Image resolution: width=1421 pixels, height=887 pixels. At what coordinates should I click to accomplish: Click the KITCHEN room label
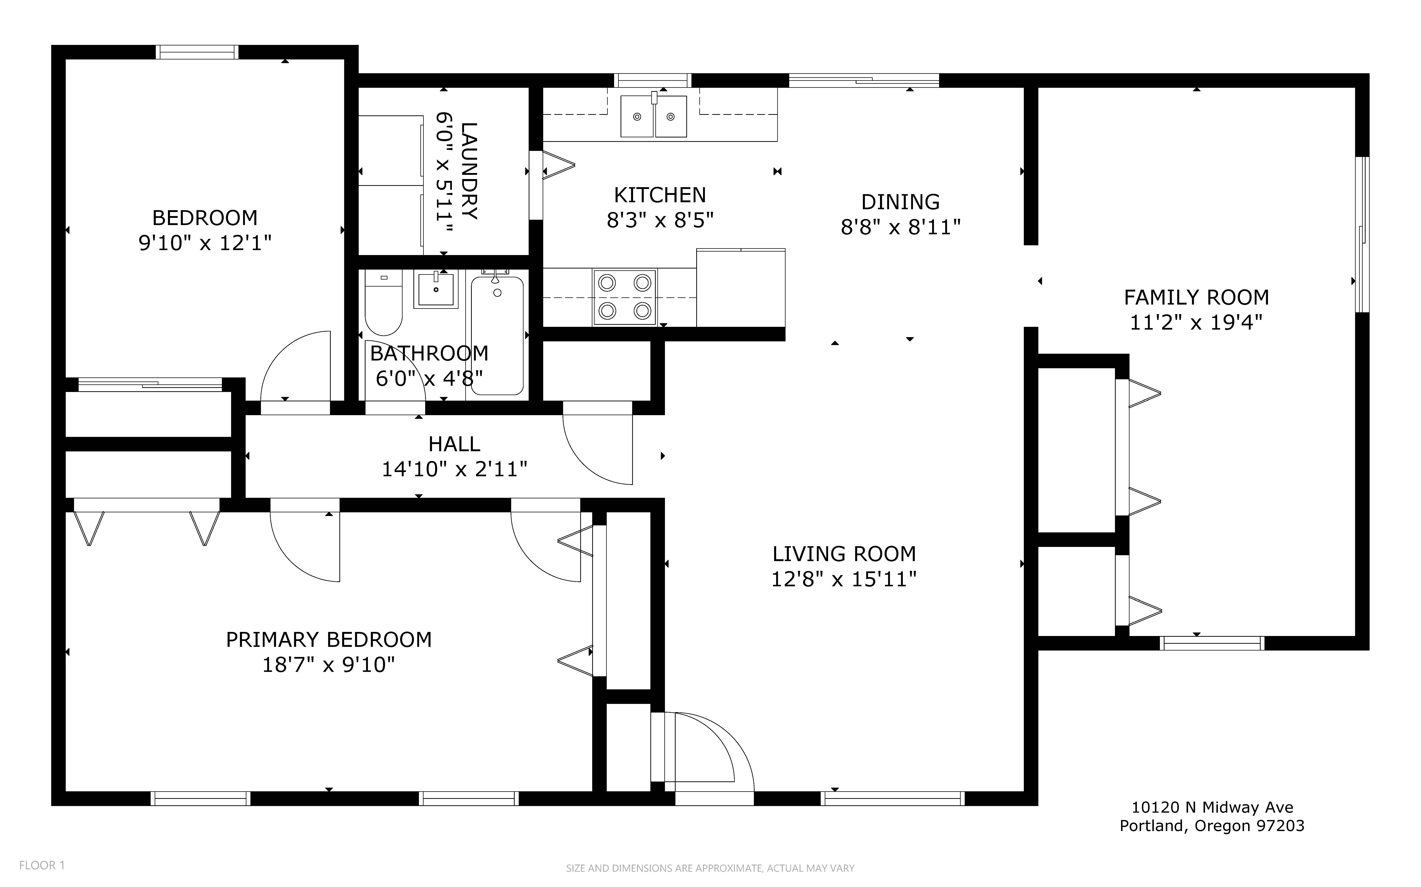click(660, 195)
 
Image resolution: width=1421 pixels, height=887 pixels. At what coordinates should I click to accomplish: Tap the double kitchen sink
click(654, 116)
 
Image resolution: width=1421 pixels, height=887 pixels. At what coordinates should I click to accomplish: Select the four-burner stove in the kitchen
click(625, 297)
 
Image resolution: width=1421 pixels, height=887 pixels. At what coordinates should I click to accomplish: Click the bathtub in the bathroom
click(497, 335)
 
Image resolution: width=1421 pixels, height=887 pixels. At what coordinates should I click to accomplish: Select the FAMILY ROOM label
click(1196, 297)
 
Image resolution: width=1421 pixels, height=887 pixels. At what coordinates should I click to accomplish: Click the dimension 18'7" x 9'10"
click(328, 665)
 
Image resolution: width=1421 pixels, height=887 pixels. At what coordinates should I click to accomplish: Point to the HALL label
click(454, 444)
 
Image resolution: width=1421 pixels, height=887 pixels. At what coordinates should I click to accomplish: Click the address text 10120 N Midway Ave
click(1212, 807)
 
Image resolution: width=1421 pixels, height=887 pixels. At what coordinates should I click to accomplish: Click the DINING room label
click(900, 202)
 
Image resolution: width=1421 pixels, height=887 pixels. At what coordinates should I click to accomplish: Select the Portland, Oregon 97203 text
click(1212, 826)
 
